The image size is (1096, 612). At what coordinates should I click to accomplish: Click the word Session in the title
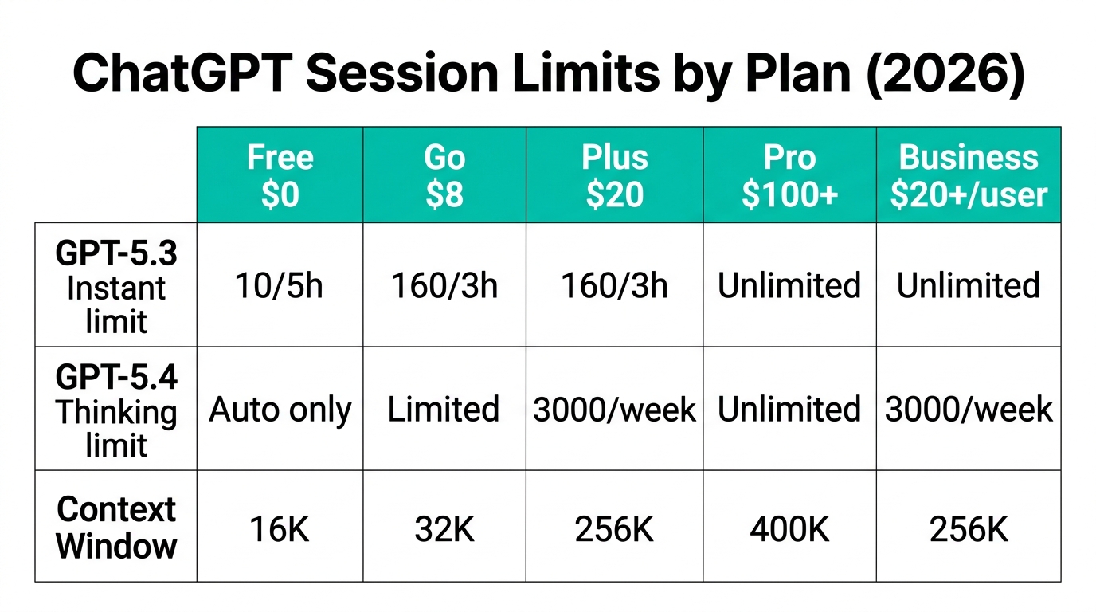click(401, 73)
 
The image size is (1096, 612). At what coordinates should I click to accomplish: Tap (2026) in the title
click(945, 74)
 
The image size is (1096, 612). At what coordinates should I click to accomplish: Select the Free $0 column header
click(280, 175)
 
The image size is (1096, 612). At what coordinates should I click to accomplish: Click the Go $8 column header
click(444, 175)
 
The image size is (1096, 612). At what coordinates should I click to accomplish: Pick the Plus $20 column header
click(615, 175)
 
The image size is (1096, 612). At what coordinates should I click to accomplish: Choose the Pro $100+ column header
click(789, 175)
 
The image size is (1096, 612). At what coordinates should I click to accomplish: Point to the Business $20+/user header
click(969, 175)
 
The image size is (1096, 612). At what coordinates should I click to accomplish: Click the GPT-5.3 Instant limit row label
click(116, 286)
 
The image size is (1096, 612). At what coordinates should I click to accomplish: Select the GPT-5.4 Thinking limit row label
click(116, 410)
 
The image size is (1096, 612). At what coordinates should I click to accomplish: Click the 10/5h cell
click(279, 285)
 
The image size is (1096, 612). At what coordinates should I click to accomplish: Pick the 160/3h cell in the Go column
click(444, 285)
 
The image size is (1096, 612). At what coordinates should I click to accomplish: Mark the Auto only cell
click(280, 410)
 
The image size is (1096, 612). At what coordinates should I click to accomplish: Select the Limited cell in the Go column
click(444, 410)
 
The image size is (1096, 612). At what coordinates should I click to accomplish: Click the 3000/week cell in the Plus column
click(615, 410)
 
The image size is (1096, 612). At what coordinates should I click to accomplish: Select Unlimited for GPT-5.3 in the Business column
click(969, 285)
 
